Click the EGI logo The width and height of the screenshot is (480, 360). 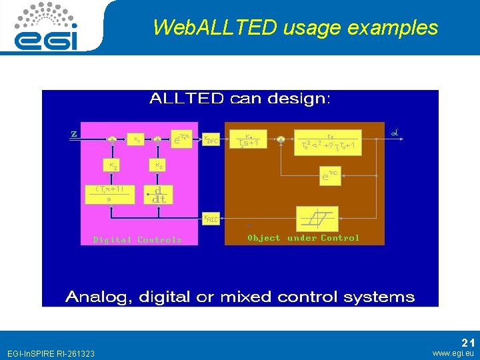coord(47,27)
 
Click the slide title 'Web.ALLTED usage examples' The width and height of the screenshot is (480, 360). coord(295,27)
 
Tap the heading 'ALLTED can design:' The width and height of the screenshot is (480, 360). coord(239,99)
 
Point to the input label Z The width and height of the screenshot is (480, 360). coord(74,133)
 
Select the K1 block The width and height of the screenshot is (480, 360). coord(137,139)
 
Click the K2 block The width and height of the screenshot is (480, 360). coord(114,165)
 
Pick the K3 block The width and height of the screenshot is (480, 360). coord(159,165)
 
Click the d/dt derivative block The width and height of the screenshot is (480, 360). coord(159,194)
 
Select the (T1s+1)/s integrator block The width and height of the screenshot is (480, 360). coord(109,193)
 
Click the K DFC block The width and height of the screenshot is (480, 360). coord(211,139)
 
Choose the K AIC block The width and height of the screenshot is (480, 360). coord(211,218)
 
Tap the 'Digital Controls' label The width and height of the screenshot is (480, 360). coord(137,239)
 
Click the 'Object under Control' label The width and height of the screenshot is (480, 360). coord(303,238)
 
